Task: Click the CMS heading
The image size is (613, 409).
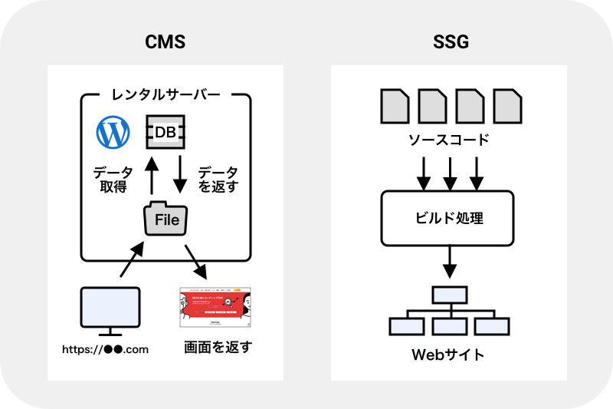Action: click(x=165, y=42)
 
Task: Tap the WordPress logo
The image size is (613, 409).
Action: click(x=113, y=133)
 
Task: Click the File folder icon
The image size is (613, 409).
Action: click(x=166, y=219)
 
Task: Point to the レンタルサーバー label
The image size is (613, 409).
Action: click(x=166, y=96)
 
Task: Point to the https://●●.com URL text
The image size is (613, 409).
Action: click(x=106, y=350)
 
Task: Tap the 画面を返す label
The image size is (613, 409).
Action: click(x=218, y=348)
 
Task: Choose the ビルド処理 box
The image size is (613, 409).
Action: click(x=448, y=218)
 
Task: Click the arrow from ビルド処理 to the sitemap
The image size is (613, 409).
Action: click(x=449, y=265)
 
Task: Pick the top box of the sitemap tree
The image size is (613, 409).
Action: click(x=449, y=295)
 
